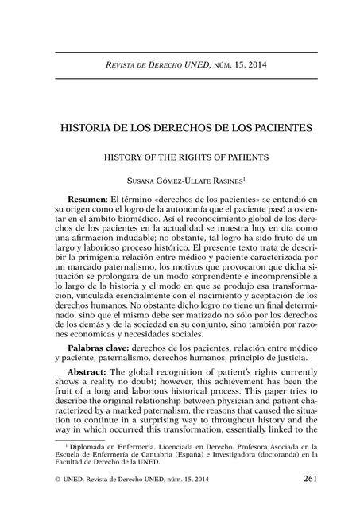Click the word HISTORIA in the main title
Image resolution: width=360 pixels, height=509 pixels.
86,126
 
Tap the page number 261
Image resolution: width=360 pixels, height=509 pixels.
310,478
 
